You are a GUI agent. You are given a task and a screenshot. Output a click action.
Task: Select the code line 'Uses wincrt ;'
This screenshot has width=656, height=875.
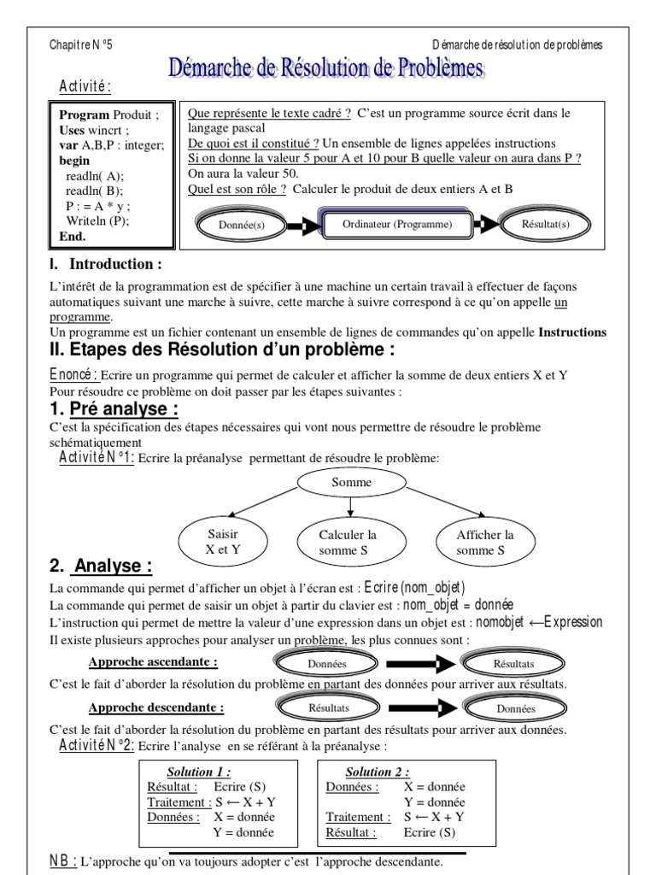click(93, 131)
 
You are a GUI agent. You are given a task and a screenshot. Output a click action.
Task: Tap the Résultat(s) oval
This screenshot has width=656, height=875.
click(545, 226)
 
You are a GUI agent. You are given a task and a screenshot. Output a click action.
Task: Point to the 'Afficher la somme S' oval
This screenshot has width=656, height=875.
click(485, 543)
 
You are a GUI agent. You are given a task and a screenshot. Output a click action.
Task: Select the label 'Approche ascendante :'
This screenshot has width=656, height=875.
click(153, 661)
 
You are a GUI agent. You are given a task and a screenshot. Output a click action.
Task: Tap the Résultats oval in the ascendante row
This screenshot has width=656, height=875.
click(513, 662)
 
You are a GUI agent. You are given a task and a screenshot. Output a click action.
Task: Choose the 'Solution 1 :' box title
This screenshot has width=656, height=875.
click(211, 772)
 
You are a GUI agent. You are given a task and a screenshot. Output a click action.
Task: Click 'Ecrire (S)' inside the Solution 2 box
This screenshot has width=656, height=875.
click(430, 831)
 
